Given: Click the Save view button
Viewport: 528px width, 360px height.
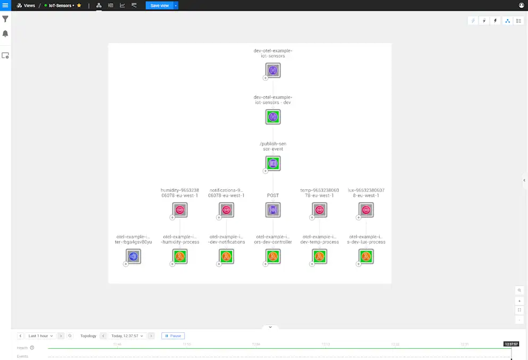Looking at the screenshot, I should [x=159, y=5].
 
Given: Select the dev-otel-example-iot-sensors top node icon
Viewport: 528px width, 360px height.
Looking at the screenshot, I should [x=273, y=70].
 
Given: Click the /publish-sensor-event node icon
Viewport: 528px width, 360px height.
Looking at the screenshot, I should [x=273, y=163].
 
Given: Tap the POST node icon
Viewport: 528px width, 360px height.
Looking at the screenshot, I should [x=273, y=210].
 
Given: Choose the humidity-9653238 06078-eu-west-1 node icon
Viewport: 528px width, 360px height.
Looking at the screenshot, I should [x=180, y=210].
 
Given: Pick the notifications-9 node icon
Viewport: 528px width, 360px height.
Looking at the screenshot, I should [x=226, y=210].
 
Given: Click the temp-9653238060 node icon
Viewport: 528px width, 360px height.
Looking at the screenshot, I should [x=319, y=210].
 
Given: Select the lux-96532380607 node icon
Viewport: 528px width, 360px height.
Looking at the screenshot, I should [x=366, y=210].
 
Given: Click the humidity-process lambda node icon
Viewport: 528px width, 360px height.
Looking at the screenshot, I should [x=180, y=256].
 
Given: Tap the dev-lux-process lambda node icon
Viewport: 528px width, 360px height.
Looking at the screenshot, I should [x=366, y=256].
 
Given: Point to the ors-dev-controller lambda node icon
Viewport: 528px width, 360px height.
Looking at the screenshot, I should [x=273, y=256].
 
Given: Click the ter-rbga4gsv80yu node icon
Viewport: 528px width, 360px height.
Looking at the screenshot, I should [x=134, y=256].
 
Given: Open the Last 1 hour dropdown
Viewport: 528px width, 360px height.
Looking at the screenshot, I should [x=40, y=336].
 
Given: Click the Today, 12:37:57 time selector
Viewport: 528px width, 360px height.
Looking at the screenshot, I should [x=127, y=336].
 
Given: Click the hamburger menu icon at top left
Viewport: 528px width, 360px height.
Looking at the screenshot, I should [x=5, y=5].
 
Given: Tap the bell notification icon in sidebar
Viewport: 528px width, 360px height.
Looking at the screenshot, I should [x=5, y=34].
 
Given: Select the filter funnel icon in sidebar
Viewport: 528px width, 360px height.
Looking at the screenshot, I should [x=5, y=19].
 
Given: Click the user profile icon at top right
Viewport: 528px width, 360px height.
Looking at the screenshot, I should [x=522, y=5].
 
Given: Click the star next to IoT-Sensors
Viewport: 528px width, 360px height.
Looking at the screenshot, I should [x=79, y=5].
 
